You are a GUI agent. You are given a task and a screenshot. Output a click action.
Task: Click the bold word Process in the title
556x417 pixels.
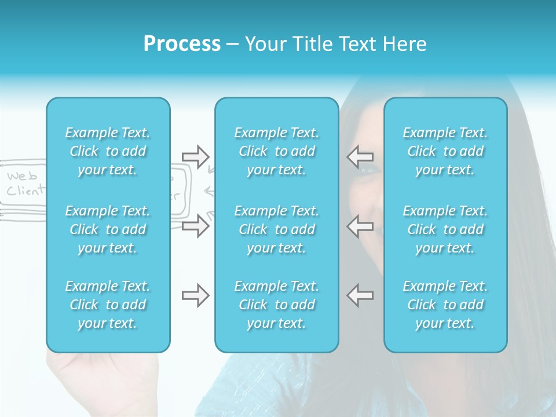[x=182, y=44]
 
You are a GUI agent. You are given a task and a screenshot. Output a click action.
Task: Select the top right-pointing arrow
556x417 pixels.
[x=195, y=156]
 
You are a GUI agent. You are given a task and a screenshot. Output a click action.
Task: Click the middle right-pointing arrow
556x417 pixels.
[x=195, y=225]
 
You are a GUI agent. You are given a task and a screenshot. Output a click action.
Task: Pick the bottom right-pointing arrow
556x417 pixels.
[x=195, y=295]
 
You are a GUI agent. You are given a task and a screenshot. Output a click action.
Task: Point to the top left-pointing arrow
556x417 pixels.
[x=360, y=156]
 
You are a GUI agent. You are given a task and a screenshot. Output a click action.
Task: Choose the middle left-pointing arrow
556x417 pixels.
[x=360, y=225]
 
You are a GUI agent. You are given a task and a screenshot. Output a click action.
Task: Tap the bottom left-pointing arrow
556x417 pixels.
[x=360, y=295]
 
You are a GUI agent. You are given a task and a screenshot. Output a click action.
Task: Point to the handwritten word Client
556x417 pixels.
[x=25, y=191]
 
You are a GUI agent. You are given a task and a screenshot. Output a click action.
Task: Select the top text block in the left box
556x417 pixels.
[x=108, y=151]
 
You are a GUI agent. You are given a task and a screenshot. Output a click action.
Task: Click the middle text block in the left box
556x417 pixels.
[x=108, y=229]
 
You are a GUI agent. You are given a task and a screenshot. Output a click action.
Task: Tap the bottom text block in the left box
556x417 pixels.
[x=108, y=305]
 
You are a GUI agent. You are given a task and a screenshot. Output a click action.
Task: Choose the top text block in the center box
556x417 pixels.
[x=277, y=151]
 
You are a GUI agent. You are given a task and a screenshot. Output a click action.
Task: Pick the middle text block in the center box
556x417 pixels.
[x=277, y=229]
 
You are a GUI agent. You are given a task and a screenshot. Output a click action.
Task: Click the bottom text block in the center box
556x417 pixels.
[x=277, y=305]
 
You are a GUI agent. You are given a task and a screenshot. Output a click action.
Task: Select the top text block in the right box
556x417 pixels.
[x=445, y=151]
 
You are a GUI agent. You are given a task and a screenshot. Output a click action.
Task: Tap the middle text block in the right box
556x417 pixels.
[x=445, y=229]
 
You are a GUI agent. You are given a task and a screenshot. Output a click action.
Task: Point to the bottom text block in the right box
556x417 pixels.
[x=445, y=305]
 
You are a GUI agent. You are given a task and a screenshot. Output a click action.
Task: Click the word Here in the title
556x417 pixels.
[x=407, y=44]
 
